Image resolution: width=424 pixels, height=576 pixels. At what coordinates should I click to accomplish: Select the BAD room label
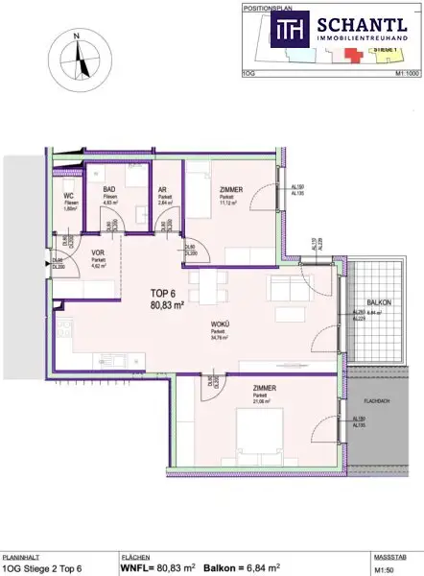pos(109,190)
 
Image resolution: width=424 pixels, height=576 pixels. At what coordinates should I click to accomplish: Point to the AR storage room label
pos(164,190)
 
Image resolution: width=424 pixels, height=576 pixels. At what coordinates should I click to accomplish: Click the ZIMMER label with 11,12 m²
pos(231,190)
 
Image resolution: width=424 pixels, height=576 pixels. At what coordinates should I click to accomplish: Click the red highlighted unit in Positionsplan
pos(358,54)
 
